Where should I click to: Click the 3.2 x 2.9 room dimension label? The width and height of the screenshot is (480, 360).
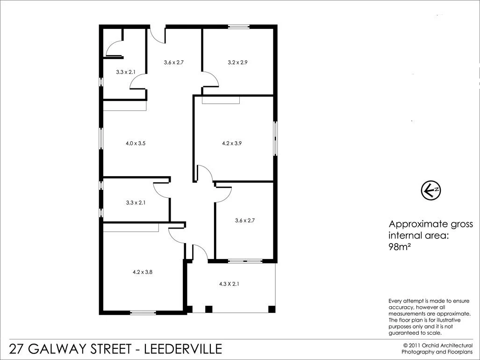[237, 62]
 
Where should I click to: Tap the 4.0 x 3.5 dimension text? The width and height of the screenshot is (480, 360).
[136, 144]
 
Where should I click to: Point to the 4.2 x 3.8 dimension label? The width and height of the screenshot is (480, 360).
[143, 271]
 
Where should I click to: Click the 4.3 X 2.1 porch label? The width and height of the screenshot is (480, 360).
[229, 284]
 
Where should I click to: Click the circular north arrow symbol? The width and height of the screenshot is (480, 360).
[430, 190]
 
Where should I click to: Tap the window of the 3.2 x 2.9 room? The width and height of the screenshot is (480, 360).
[239, 27]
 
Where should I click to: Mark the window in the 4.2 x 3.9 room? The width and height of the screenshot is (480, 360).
[275, 138]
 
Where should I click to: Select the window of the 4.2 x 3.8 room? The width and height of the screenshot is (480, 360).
[143, 313]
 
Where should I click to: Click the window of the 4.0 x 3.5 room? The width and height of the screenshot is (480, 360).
[100, 139]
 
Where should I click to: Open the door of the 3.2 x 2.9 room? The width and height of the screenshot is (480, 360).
[210, 79]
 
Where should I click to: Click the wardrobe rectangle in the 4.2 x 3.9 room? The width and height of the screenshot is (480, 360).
[220, 100]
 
